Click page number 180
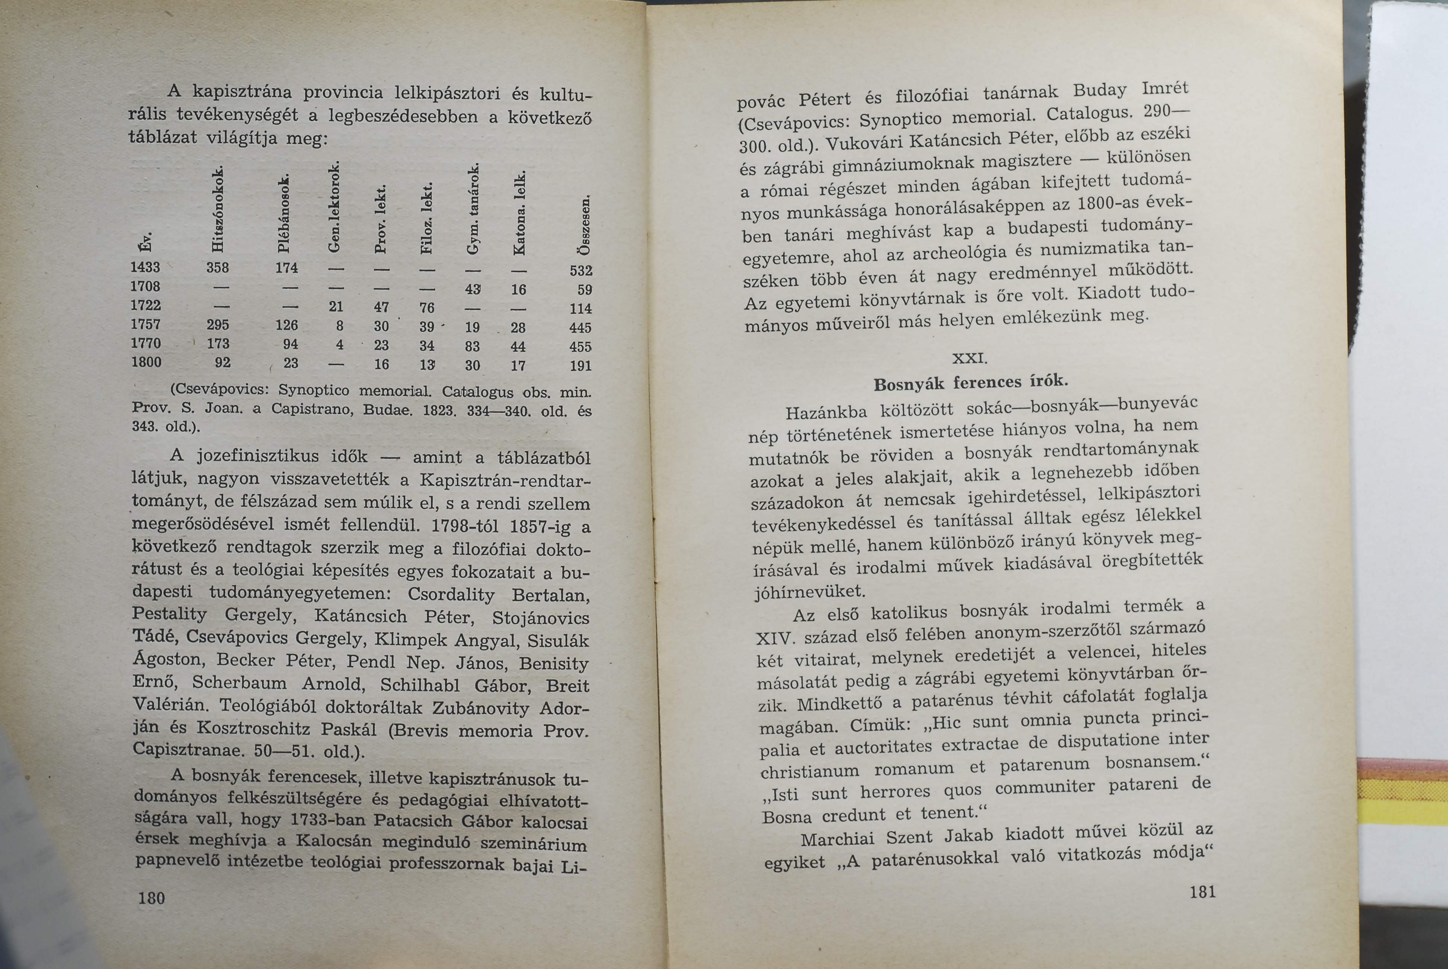[x=151, y=898]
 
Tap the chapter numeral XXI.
[x=970, y=359]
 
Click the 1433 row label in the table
[x=146, y=268]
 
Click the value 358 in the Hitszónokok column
[x=218, y=268]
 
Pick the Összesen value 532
[x=581, y=271]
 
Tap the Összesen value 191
[x=581, y=366]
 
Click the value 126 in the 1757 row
[x=287, y=325]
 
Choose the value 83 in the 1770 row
[x=473, y=346]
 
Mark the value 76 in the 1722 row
[x=426, y=308]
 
